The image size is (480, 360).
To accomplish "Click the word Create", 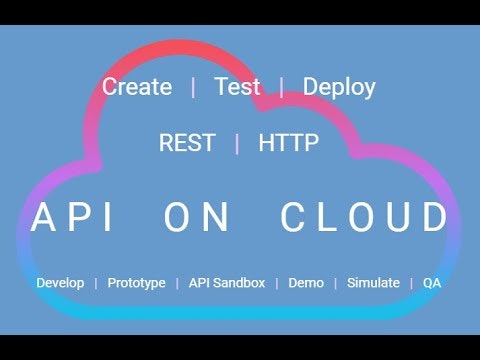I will pos(137,87).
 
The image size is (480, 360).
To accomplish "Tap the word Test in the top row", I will pos(237,87).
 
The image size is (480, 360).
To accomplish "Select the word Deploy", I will pos(339,87).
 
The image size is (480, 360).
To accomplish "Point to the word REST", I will pos(186,143).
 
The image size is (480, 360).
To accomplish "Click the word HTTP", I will pos(289,143).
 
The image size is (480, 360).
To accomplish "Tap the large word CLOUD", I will pos(365,218).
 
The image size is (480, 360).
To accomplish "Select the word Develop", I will pos(60,283).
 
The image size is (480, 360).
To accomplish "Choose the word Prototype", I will pos(136,283).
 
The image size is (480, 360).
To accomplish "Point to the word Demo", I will pos(306,283).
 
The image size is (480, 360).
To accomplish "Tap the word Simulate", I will pos(373,283).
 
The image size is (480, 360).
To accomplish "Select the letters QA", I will pos(432,283).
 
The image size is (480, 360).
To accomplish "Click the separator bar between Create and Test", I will pos(193,87).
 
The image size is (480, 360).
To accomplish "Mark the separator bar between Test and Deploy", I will pos(282,87).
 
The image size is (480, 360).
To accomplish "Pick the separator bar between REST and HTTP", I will pos(237,143).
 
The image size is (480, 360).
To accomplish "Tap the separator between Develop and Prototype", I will pos(96,283).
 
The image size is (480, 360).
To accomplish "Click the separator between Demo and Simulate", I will pos(336,283).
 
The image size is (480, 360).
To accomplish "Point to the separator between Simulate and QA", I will pos(411,283).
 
